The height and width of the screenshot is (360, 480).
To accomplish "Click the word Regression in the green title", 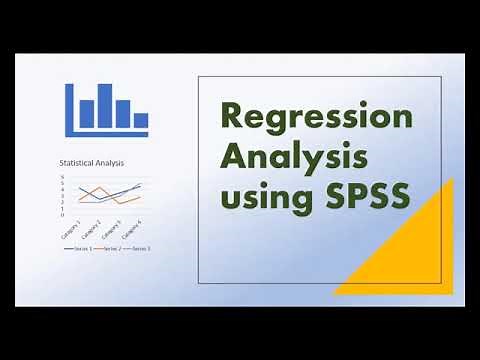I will point(316,118).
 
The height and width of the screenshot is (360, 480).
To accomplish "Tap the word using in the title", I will point(260,196).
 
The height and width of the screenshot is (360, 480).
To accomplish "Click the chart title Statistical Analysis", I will point(99,163).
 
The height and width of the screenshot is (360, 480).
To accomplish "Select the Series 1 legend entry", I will point(80,247).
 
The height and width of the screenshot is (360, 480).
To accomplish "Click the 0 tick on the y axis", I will point(61,214).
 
